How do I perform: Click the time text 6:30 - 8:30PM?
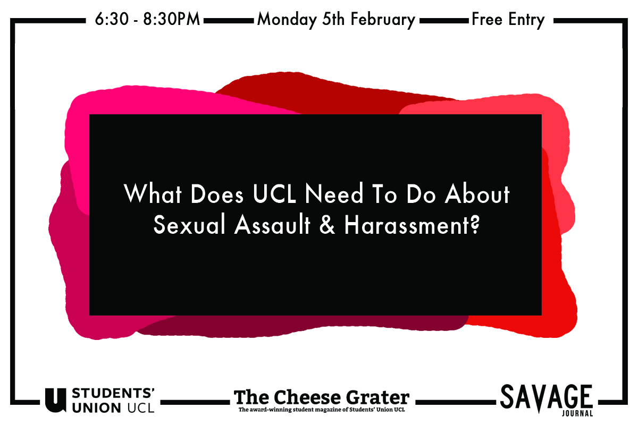[147, 19]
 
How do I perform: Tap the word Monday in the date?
[287, 20]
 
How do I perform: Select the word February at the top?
[382, 20]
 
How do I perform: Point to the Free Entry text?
[508, 20]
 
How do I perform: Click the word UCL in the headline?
[274, 193]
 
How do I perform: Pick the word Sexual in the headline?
[189, 224]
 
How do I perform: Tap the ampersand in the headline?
[328, 224]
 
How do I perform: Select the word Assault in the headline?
[272, 224]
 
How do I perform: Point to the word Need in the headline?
[334, 193]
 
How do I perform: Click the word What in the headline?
[153, 193]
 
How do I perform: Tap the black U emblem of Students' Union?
[56, 400]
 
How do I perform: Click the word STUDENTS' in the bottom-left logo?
[113, 393]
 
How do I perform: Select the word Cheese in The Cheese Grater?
[308, 397]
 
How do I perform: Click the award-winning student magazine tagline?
[322, 410]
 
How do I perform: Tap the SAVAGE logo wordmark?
[547, 397]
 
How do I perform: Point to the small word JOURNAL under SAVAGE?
[577, 413]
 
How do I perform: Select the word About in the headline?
[477, 193]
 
